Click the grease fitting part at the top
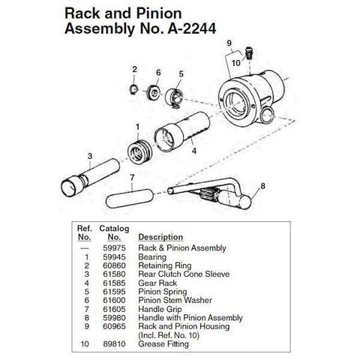click(x=248, y=53)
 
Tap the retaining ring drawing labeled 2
click(x=134, y=89)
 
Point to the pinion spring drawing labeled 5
click(x=174, y=98)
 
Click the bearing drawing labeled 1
click(x=139, y=153)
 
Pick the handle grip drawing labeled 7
click(x=130, y=198)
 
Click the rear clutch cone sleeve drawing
click(x=90, y=178)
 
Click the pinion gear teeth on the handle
click(x=211, y=194)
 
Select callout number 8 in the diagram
click(x=262, y=186)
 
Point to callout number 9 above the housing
click(x=229, y=43)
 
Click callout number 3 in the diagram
click(x=90, y=156)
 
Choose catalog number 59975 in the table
click(x=114, y=248)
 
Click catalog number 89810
click(x=114, y=343)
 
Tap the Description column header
click(x=160, y=237)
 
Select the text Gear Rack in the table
click(x=157, y=283)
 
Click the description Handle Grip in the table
click(x=160, y=310)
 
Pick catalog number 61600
click(x=114, y=300)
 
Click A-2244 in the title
click(x=192, y=28)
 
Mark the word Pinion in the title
click(x=159, y=13)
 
